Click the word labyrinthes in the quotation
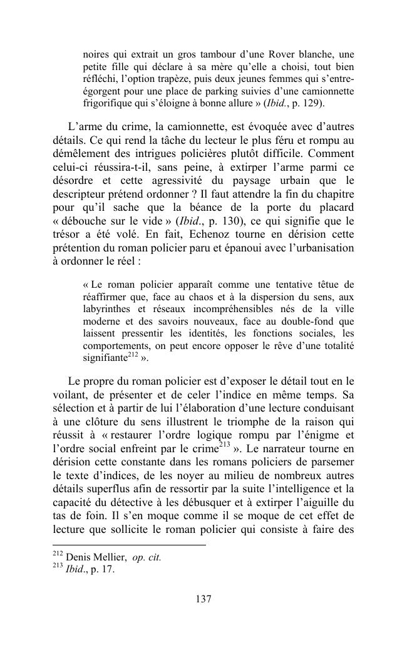tap(107, 309)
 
